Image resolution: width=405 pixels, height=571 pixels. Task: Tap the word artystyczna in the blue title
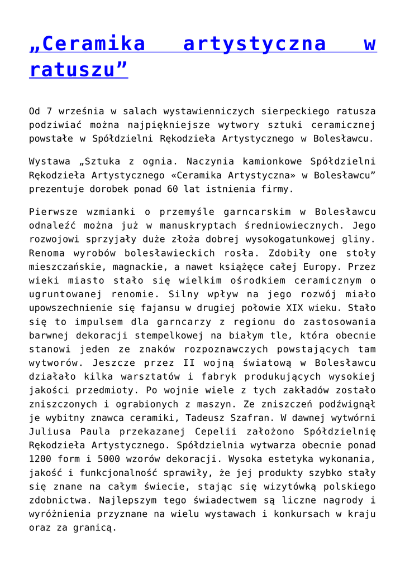255,43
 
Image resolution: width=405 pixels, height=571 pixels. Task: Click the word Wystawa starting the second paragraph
51,162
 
